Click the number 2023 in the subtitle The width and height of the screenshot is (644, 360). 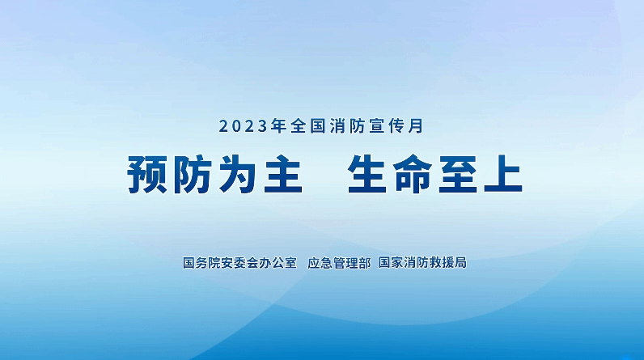[x=244, y=126]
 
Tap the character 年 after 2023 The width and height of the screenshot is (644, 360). [x=279, y=126]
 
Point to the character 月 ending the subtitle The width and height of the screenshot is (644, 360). [x=417, y=126]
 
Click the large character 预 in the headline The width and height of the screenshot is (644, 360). [x=147, y=174]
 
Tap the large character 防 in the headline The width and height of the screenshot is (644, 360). [x=193, y=174]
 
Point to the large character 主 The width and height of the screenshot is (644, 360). [x=283, y=174]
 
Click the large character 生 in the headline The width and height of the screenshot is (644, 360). [x=367, y=174]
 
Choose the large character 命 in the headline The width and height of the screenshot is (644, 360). [x=413, y=174]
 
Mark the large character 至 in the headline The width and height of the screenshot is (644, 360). [x=458, y=174]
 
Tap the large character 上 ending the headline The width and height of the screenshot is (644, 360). [x=503, y=174]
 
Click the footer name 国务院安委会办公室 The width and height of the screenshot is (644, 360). [x=239, y=263]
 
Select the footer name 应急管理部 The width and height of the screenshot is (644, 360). [x=339, y=263]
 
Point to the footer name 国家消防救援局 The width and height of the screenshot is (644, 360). [x=422, y=262]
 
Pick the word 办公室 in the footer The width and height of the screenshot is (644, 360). [x=278, y=263]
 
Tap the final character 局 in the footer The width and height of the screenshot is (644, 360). [x=461, y=262]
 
